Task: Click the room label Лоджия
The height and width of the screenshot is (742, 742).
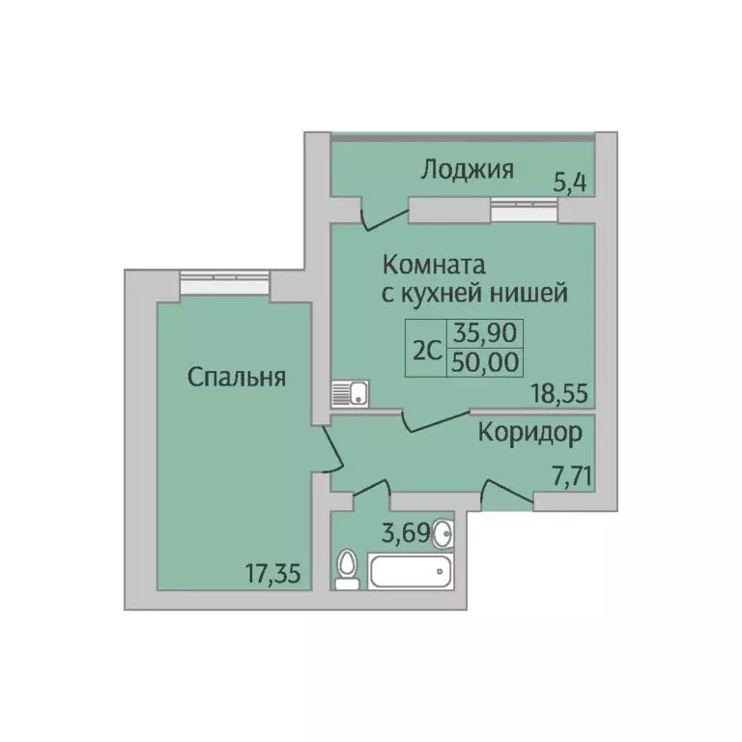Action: tap(467, 171)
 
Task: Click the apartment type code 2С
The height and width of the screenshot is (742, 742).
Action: tap(426, 350)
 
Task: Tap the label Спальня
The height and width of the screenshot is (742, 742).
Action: tap(237, 377)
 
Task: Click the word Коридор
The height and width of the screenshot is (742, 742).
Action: tap(530, 433)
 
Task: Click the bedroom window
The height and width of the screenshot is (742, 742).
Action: tap(223, 281)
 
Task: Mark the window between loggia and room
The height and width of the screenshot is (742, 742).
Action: tap(523, 204)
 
